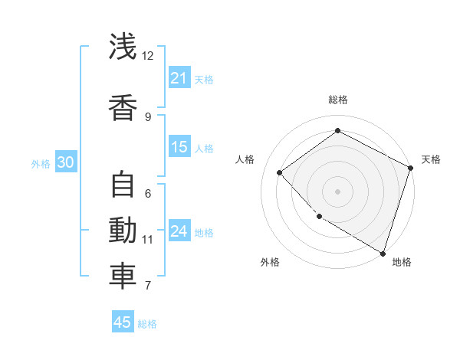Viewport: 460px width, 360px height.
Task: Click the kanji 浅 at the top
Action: pyautogui.click(x=123, y=47)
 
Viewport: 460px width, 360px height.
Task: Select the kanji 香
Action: pyautogui.click(x=123, y=106)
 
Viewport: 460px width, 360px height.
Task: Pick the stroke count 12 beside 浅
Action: pyautogui.click(x=147, y=56)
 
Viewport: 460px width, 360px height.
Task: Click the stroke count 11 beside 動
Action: pyautogui.click(x=147, y=240)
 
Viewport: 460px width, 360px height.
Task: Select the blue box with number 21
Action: pyautogui.click(x=179, y=78)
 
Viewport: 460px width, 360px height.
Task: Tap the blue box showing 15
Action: pyautogui.click(x=179, y=147)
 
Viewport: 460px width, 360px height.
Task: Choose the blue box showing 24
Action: pyautogui.click(x=179, y=231)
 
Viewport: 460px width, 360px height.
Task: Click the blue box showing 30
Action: pyautogui.click(x=65, y=162)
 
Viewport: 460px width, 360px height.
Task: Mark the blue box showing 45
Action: pyautogui.click(x=123, y=322)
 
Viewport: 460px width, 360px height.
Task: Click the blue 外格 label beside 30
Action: pyautogui.click(x=41, y=163)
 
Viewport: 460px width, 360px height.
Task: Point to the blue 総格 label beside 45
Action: pyautogui.click(x=147, y=324)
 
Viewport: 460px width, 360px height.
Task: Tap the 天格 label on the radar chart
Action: pyautogui.click(x=431, y=159)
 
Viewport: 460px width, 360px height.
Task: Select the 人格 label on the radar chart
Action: pyautogui.click(x=245, y=159)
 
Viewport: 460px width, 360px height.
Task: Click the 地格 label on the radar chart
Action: pyautogui.click(x=402, y=262)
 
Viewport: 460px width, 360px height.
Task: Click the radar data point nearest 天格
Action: pyautogui.click(x=411, y=169)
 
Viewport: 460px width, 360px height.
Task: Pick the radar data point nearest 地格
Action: pyautogui.click(x=383, y=253)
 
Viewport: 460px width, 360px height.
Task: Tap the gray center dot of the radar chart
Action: pyautogui.click(x=337, y=191)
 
